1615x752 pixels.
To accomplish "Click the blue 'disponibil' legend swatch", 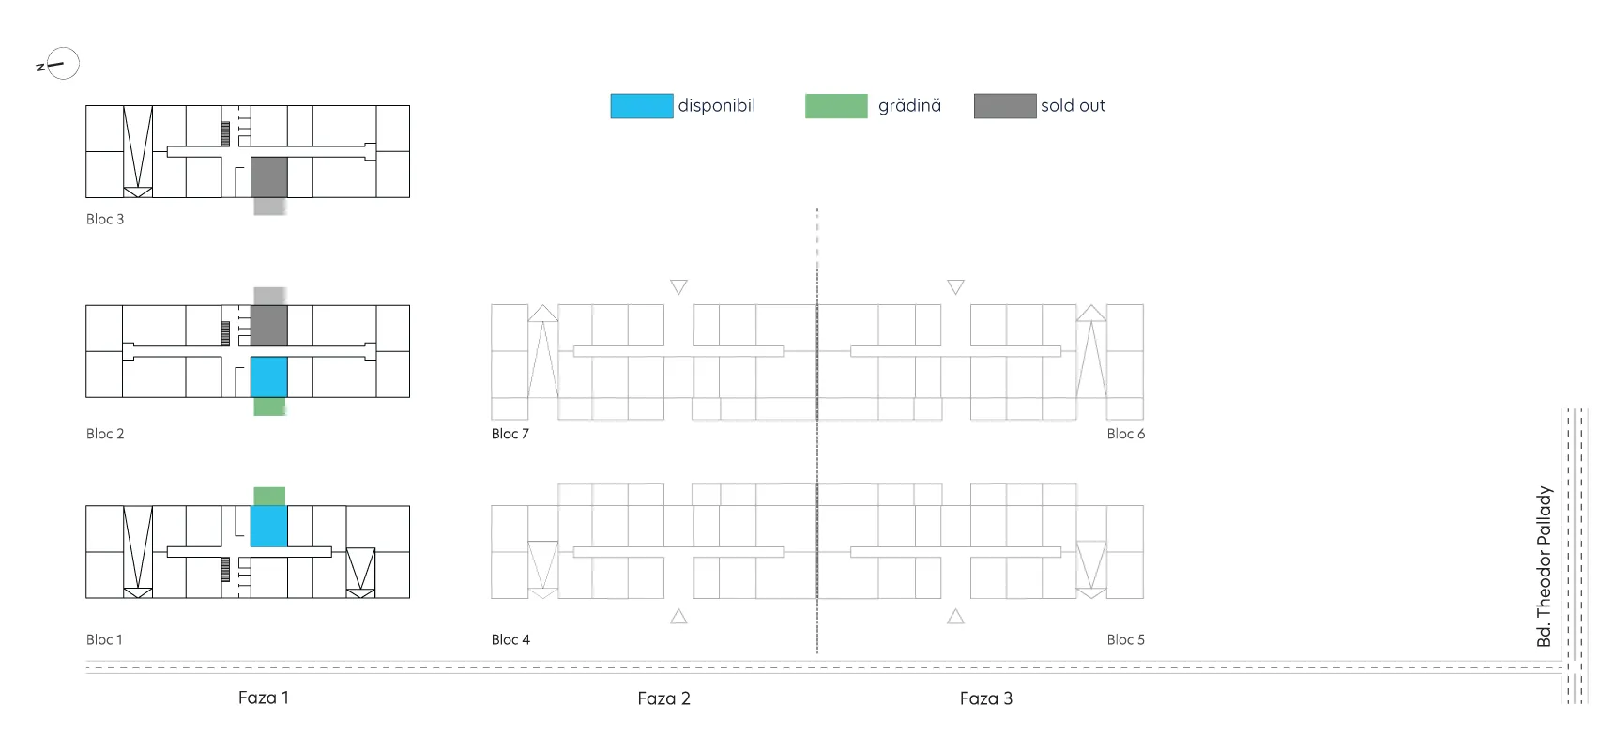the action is [642, 106].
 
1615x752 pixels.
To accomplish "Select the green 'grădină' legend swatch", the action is [836, 106].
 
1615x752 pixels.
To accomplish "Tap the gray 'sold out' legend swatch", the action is [1005, 106].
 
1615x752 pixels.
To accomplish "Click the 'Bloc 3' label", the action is [105, 219].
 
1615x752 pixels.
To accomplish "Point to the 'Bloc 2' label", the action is [105, 434].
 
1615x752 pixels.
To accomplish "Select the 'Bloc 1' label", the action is [104, 639].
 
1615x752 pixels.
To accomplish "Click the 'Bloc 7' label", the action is [510, 434].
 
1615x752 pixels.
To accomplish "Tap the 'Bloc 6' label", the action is [1126, 434].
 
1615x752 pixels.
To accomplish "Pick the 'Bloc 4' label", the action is [510, 639].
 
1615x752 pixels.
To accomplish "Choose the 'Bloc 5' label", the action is [1126, 639].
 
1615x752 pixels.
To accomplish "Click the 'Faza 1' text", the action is [264, 698].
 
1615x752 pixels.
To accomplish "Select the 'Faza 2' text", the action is [663, 698].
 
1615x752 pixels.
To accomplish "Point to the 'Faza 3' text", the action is [986, 698].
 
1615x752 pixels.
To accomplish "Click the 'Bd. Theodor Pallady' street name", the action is [1545, 566].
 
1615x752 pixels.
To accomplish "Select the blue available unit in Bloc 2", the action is [268, 376].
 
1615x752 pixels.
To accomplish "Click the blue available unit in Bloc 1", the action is [268, 527].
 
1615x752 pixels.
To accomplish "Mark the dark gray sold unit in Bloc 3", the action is [268, 176].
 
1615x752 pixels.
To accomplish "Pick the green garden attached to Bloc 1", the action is [269, 497].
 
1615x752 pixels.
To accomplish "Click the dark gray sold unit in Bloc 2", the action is [268, 326].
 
